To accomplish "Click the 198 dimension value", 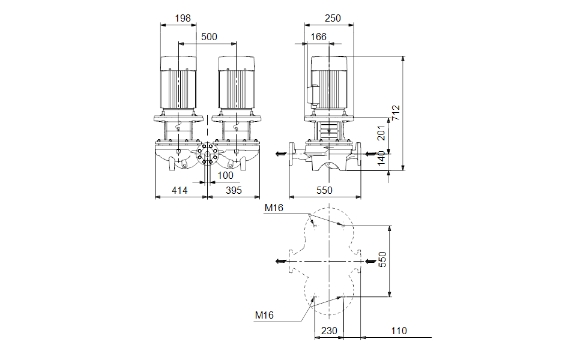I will [x=183, y=19].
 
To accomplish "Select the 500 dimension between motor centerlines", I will [x=208, y=37].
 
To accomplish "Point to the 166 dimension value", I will [x=319, y=37].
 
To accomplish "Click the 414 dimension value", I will [x=180, y=190].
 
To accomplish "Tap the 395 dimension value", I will [x=234, y=190].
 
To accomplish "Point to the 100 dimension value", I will [x=225, y=175].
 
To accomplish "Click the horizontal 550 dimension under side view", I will [x=324, y=190].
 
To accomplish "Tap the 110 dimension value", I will [x=398, y=331].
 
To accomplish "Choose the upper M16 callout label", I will [x=274, y=208].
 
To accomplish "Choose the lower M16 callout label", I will [x=264, y=315].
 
